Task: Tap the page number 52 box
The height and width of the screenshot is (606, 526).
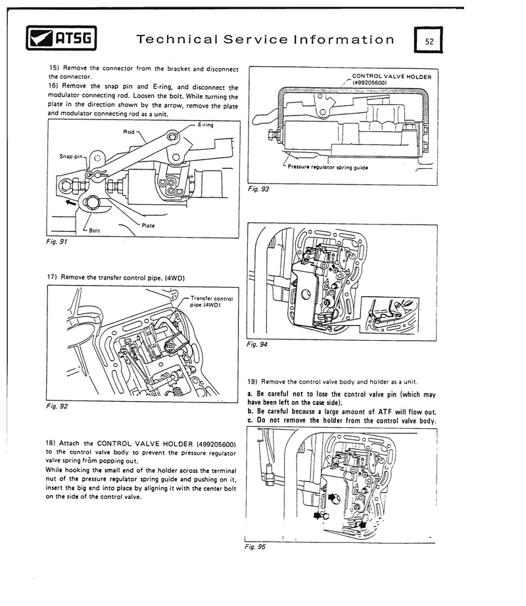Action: pos(429,41)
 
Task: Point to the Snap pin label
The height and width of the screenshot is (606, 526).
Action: pos(71,157)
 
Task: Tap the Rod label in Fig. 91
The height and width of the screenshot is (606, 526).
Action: pos(129,132)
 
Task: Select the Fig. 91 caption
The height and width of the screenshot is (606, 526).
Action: pos(58,241)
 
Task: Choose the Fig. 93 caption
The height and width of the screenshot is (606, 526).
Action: pos(257,189)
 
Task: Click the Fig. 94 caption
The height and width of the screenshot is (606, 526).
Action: pos(257,344)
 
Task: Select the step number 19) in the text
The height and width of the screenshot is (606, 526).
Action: pos(253,381)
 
